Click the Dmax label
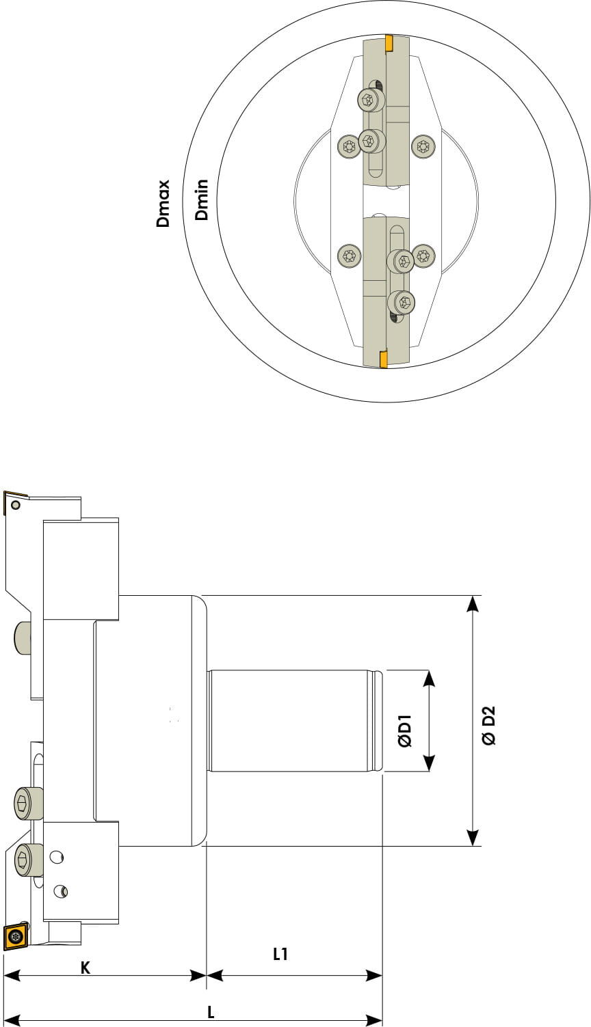pyautogui.click(x=163, y=203)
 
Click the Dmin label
pyautogui.click(x=201, y=200)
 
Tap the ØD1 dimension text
pyautogui.click(x=405, y=731)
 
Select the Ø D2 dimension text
pyautogui.click(x=488, y=726)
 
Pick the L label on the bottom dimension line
pyautogui.click(x=211, y=1011)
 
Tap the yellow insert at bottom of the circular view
pyautogui.click(x=383, y=359)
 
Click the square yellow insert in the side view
pyautogui.click(x=16, y=936)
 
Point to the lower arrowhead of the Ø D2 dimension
pyautogui.click(x=473, y=838)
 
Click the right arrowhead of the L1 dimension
pyautogui.click(x=374, y=975)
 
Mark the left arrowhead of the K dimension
pyautogui.click(x=12, y=975)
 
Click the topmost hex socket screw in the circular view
pyautogui.click(x=370, y=100)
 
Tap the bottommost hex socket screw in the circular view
pyautogui.click(x=402, y=303)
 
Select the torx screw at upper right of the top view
pyautogui.click(x=423, y=147)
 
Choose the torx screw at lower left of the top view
pyautogui.click(x=349, y=256)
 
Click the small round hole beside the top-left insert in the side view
pyautogui.click(x=16, y=505)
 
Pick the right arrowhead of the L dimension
pyautogui.click(x=374, y=1021)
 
